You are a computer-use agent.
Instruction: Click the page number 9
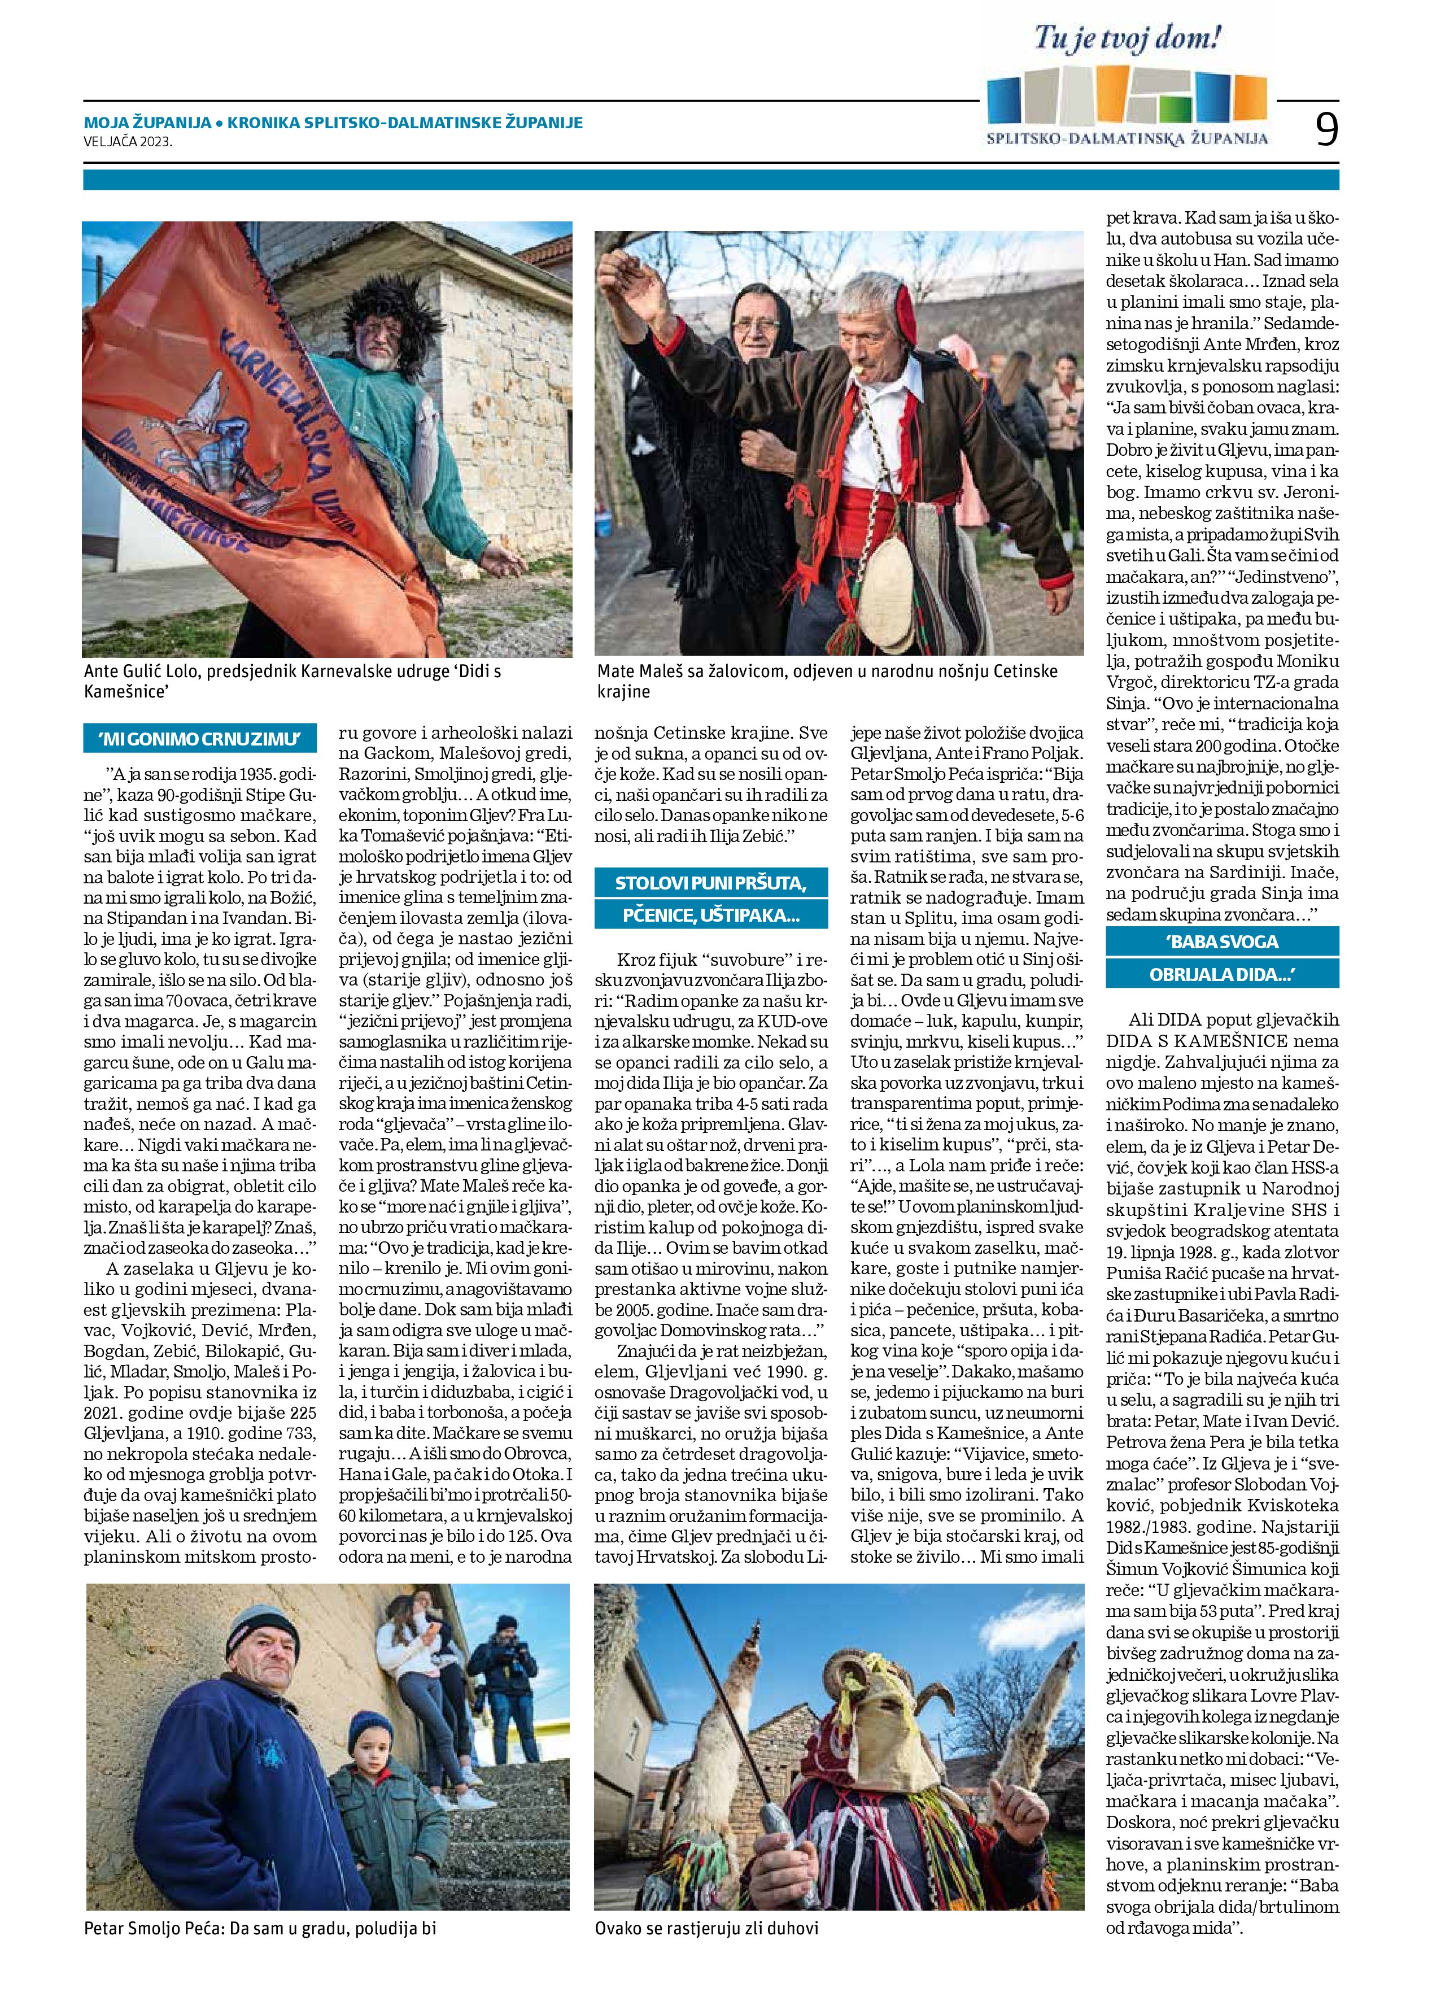coord(1326,129)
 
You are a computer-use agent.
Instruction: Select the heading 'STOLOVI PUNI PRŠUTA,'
coord(710,882)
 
